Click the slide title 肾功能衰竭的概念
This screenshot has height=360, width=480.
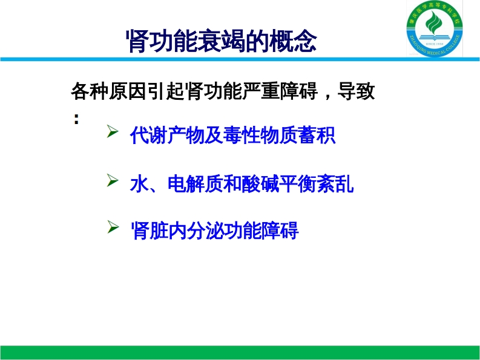click(x=222, y=41)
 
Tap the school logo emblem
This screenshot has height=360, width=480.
click(x=435, y=29)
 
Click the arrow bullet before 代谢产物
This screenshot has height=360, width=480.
click(x=113, y=131)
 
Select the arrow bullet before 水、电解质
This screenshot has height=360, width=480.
click(x=113, y=180)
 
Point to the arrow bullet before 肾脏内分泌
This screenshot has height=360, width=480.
click(x=113, y=227)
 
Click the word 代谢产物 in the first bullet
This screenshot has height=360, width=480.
click(x=168, y=135)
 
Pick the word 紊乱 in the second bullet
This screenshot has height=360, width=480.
click(x=335, y=184)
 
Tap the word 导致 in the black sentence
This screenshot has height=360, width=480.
click(x=356, y=91)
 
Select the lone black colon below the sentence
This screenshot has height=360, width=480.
click(x=76, y=119)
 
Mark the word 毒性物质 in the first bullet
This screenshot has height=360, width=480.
click(x=260, y=135)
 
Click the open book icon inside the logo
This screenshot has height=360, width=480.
click(x=435, y=38)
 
